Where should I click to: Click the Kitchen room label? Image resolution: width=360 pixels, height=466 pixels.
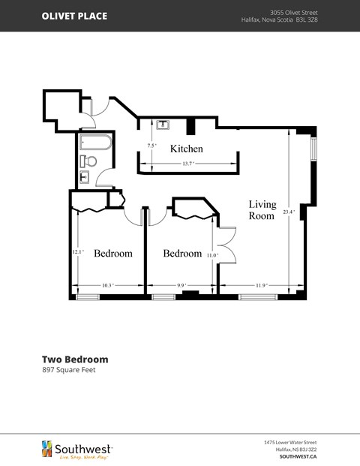coord(186,149)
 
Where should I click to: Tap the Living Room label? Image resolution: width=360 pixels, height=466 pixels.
coord(262,210)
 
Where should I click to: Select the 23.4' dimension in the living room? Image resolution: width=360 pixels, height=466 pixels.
coord(289,212)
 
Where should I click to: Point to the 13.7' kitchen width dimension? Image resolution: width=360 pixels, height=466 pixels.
coord(187,164)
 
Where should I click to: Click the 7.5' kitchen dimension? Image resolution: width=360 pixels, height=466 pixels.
coord(151,146)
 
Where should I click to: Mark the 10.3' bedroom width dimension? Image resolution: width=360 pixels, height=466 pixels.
coord(107,285)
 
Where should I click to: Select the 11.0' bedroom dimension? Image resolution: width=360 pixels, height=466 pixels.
coord(212,255)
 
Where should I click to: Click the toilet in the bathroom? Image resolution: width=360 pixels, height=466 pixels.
coord(89,161)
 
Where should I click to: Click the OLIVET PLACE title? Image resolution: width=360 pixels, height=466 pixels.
coord(74,16)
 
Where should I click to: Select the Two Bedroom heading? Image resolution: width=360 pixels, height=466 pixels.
coord(75,359)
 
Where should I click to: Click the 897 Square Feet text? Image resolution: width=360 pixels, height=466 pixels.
coord(68,370)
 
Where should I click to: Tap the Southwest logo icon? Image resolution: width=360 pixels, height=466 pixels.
coord(46,448)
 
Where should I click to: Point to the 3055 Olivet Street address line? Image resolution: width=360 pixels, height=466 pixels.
coord(293,12)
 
